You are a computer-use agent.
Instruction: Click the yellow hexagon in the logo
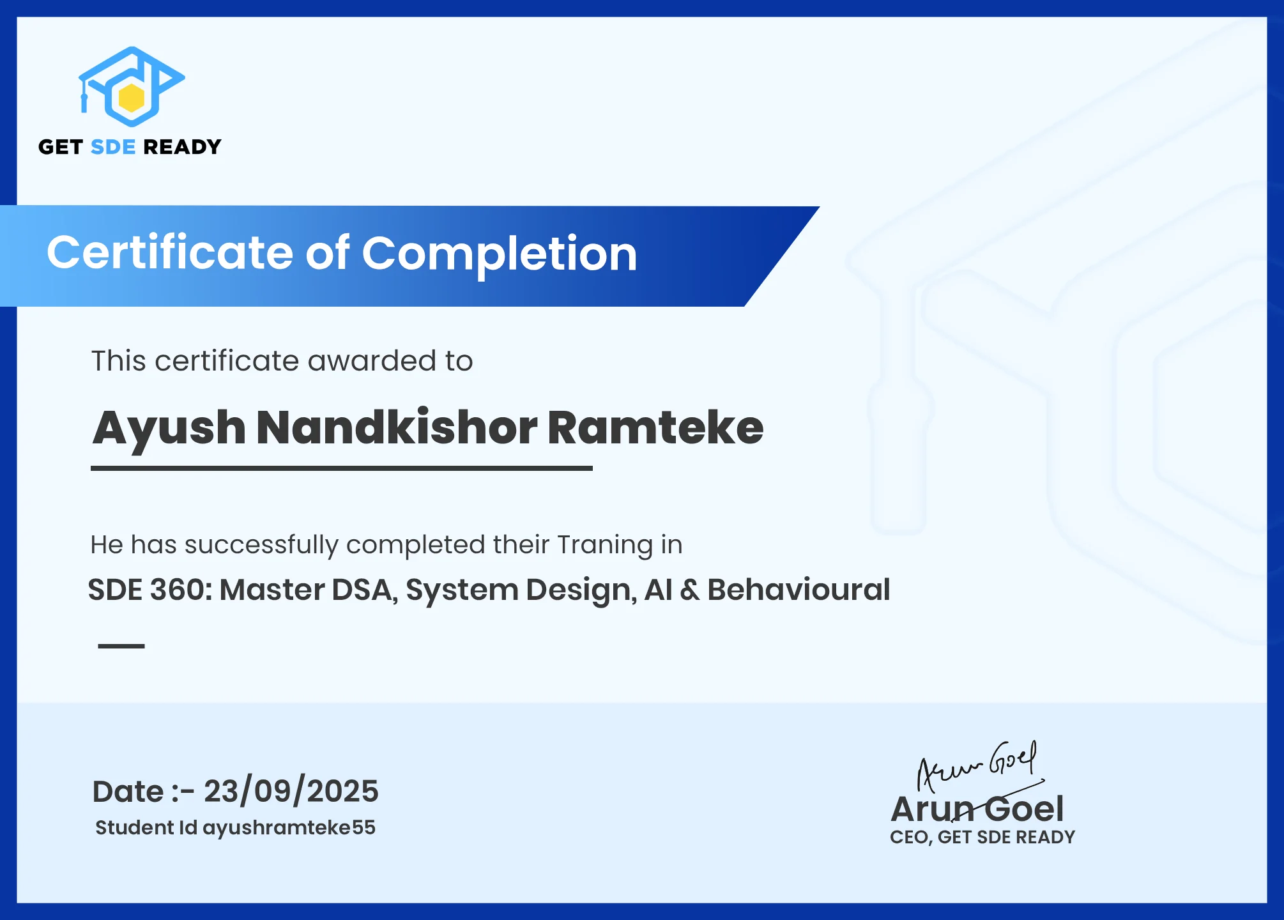[132, 97]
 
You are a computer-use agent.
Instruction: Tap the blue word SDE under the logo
[113, 147]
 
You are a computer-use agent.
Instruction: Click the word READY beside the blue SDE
[183, 147]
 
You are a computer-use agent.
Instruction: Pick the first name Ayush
[169, 429]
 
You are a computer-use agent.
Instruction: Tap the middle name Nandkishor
[397, 427]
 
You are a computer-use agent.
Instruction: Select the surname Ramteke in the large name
[655, 427]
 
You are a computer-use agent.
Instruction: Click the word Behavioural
[799, 590]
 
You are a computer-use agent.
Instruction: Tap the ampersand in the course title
[689, 590]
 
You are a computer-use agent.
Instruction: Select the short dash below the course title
[121, 646]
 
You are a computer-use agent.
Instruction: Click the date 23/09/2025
[291, 792]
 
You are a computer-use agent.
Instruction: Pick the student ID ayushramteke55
[289, 828]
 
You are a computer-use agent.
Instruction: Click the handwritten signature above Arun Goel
[978, 767]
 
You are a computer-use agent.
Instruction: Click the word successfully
[261, 546]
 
